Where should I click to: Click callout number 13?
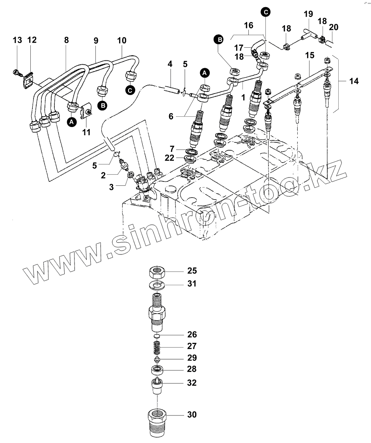pos(17,40)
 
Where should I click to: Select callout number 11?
pos(86,133)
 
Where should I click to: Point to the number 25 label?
pos(192,271)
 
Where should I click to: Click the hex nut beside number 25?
pos(157,272)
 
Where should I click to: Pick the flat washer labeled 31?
pos(157,284)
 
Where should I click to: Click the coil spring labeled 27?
pos(157,347)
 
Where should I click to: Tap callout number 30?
pos(192,415)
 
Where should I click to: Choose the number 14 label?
pos(354,82)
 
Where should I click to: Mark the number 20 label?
pos(334,27)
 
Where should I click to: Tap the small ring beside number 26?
pos(157,336)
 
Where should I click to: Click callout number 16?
pos(248,25)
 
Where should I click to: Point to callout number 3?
pos(112,187)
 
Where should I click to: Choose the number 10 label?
pos(122,40)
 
